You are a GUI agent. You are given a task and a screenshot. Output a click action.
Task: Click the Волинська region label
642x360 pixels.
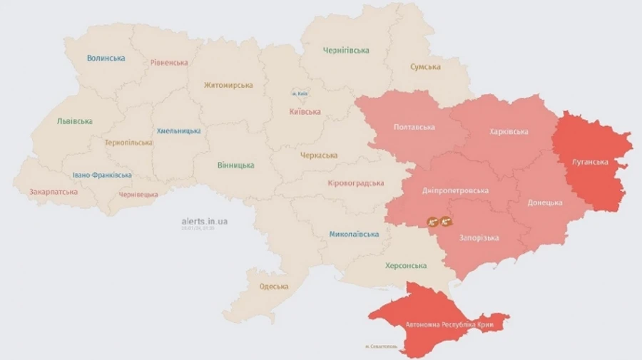coord(106,58)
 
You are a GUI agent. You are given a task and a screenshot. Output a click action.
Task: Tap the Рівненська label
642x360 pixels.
coord(169,62)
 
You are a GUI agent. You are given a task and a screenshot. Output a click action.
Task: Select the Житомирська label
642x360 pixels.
coord(228,85)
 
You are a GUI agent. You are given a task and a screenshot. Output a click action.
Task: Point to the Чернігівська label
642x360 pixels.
coord(346,51)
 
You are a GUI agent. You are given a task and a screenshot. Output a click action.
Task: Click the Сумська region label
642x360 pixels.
coord(425,67)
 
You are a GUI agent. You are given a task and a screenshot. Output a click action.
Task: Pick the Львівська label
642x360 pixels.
coord(74,121)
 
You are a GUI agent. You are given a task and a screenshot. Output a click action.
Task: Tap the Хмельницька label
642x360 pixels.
coord(178,131)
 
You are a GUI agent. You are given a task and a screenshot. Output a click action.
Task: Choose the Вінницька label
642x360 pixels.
coord(235,165)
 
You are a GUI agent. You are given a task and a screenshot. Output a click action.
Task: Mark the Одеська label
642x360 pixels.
coord(274,287)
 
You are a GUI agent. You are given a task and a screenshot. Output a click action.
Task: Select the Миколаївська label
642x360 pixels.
coord(354,234)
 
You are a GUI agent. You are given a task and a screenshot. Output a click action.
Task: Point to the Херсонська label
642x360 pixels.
coord(406,266)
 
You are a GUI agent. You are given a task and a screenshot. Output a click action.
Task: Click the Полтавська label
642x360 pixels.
coord(414,128)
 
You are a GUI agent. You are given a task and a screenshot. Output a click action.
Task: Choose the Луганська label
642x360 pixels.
coord(590,162)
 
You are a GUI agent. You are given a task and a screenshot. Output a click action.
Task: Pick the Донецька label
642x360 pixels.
coord(545,202)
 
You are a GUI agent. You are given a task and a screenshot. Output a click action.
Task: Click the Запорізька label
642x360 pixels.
coord(479,238)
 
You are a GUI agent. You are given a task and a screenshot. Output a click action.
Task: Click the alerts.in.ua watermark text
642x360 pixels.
coord(205,221)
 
